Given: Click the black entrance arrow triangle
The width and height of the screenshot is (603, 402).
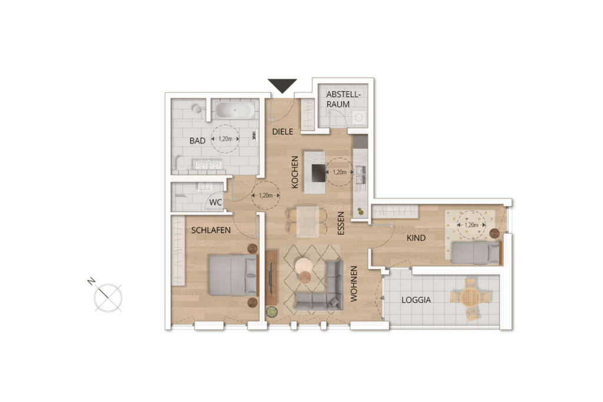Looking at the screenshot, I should pos(282,85).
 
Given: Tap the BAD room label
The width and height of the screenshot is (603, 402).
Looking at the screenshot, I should pos(197,141).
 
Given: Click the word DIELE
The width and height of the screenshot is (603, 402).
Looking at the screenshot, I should pos(283,132).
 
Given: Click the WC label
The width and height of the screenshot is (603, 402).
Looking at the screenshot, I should pos(216,203).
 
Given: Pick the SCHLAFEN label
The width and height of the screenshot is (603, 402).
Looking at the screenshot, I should pos(210,231).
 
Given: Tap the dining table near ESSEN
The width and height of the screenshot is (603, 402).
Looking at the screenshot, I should pos(306,220).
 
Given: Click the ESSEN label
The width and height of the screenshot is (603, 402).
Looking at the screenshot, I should pos(340,224).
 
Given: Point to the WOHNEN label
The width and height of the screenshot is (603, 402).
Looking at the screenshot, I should pos(354,284).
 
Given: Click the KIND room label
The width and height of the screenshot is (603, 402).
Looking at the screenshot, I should pos(417,238).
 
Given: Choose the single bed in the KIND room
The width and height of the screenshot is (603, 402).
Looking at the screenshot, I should pos(475,253).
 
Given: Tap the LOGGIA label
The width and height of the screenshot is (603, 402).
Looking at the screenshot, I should pos(416,300).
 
